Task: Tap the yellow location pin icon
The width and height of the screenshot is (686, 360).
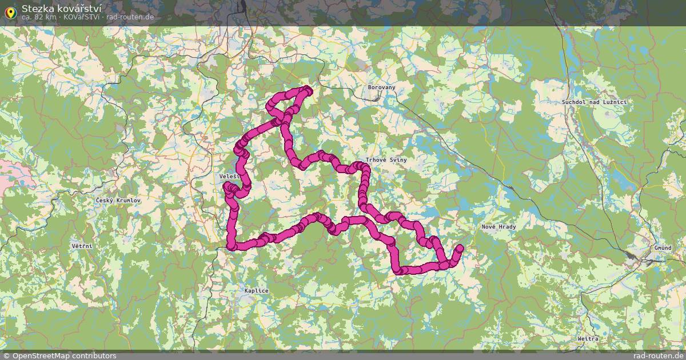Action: tap(10, 13)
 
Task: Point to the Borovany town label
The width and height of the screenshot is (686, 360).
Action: tap(381, 87)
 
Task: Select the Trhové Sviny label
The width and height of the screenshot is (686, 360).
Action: tap(387, 160)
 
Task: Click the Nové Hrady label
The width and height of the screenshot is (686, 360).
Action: tap(498, 227)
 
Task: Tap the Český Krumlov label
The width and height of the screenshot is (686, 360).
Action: tap(118, 201)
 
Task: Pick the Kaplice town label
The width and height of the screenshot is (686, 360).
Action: tap(256, 291)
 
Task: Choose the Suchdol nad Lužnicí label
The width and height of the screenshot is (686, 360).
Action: tap(595, 102)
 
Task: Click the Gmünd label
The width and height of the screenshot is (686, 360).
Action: tap(663, 248)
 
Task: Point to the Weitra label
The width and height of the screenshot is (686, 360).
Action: tap(588, 339)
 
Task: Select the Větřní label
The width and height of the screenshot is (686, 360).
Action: tap(82, 246)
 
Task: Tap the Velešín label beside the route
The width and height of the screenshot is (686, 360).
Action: tap(228, 177)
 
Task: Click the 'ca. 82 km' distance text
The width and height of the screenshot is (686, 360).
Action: tap(39, 17)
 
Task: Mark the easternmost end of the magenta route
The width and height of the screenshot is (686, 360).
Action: tap(460, 248)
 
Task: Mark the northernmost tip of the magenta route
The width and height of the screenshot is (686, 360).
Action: tap(309, 89)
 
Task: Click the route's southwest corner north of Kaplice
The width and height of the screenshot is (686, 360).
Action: tap(232, 246)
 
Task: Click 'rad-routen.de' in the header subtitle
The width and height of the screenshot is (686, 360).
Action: tap(130, 17)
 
